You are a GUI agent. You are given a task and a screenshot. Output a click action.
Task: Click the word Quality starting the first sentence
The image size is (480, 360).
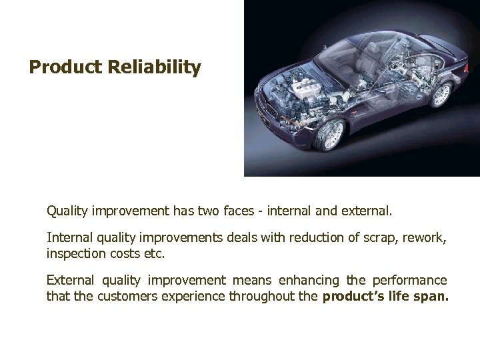(x=67, y=211)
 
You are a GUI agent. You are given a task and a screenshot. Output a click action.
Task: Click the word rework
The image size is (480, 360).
(x=419, y=237)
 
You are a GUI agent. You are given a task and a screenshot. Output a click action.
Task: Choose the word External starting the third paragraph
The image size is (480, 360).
(x=70, y=280)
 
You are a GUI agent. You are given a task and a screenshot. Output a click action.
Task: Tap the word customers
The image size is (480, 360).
(x=127, y=295)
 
